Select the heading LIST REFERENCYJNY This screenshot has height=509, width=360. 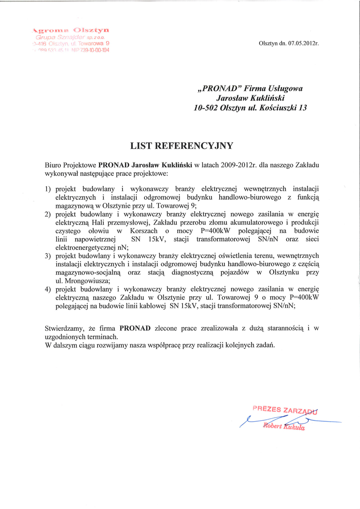coord(181,145)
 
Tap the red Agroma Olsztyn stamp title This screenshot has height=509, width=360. coord(72,30)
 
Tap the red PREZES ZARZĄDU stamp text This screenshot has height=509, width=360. coord(285,410)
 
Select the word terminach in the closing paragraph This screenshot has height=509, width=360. coord(103,337)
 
